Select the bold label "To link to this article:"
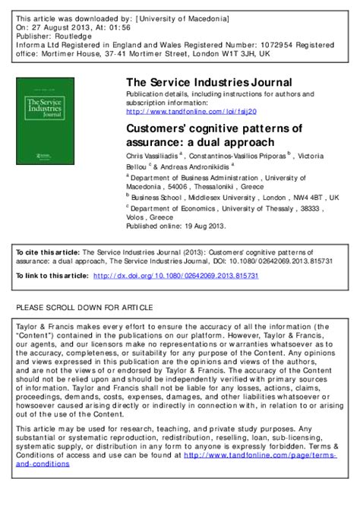coord(51,276)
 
